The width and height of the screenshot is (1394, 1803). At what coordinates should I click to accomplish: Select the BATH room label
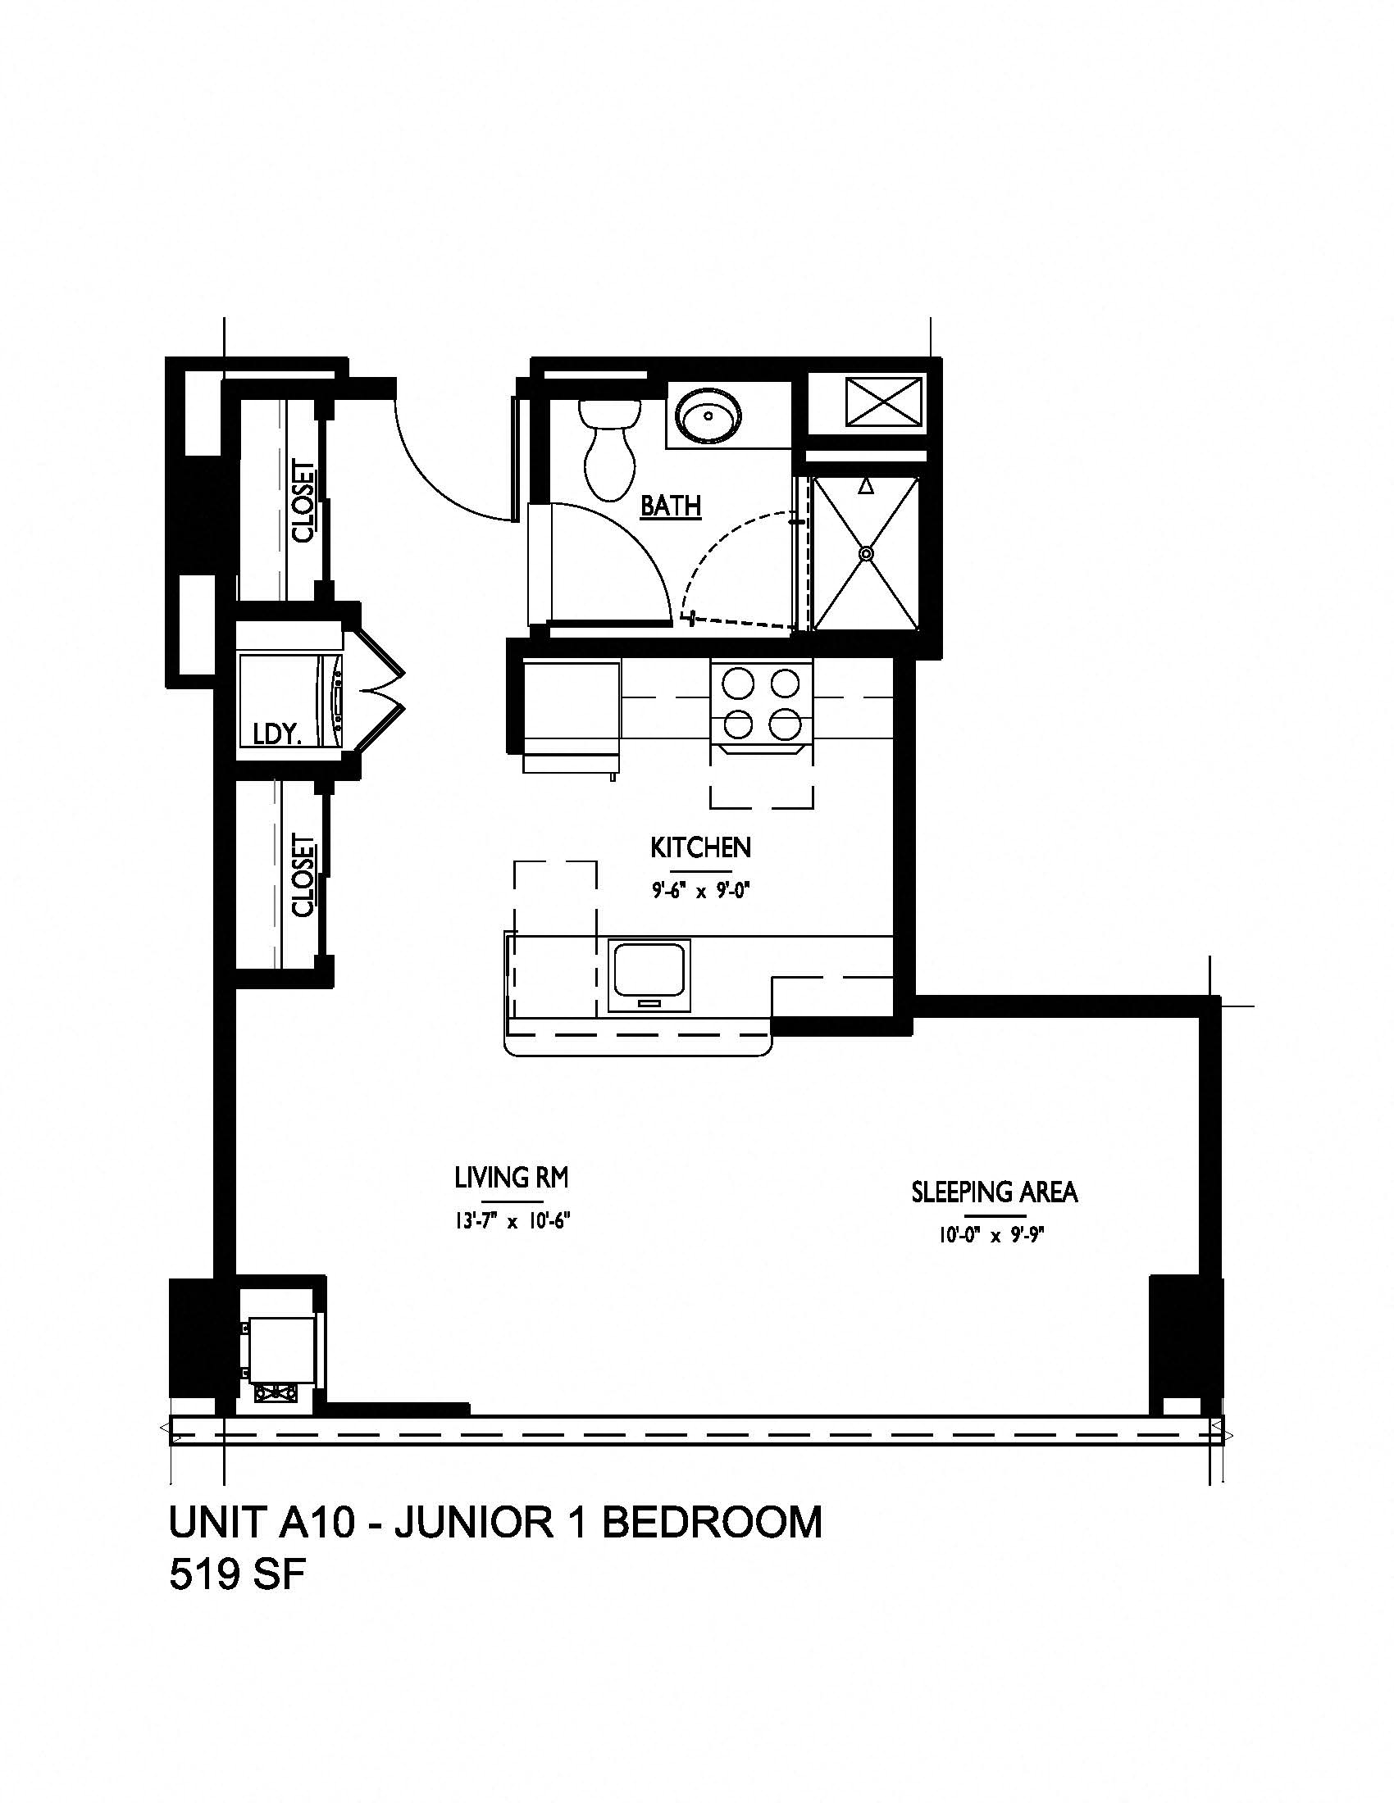672,505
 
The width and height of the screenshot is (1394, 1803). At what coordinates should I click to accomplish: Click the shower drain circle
865,554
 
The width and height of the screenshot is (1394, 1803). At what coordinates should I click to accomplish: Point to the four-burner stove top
762,703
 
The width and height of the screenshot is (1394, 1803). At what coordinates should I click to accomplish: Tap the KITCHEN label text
700,848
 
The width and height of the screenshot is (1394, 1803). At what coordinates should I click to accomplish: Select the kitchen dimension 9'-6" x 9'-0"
701,892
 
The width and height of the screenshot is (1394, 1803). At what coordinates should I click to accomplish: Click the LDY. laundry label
276,735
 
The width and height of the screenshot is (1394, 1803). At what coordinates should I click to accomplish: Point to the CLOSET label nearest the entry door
304,501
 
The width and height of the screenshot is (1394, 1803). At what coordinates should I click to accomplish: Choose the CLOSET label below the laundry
304,877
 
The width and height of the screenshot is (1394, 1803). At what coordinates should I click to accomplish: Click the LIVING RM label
512,1177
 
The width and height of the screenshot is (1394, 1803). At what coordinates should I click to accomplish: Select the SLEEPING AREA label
995,1192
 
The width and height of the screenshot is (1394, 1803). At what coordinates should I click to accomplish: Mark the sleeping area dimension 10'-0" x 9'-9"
995,1236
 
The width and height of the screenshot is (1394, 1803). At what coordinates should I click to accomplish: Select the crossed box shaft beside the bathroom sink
884,403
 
